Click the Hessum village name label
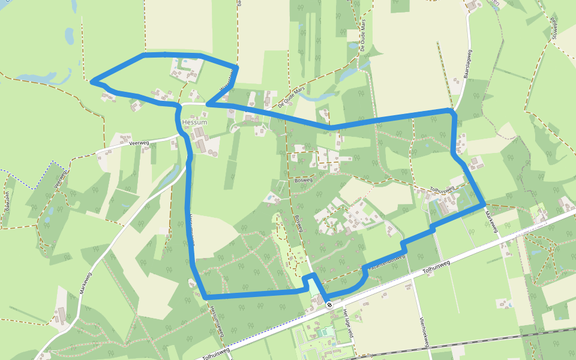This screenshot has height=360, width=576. coord(194,122)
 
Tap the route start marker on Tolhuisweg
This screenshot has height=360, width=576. coord(329,305)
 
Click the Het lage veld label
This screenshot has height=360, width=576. coord(349,323)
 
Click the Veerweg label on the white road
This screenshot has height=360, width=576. coord(139,142)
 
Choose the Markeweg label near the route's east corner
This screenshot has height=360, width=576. coord(491,223)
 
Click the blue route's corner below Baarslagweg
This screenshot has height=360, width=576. coord(451,111)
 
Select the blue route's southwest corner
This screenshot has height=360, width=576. coord(205,297)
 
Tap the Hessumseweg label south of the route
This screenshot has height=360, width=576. coord(216,320)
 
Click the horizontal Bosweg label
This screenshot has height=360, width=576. coord(304,179)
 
